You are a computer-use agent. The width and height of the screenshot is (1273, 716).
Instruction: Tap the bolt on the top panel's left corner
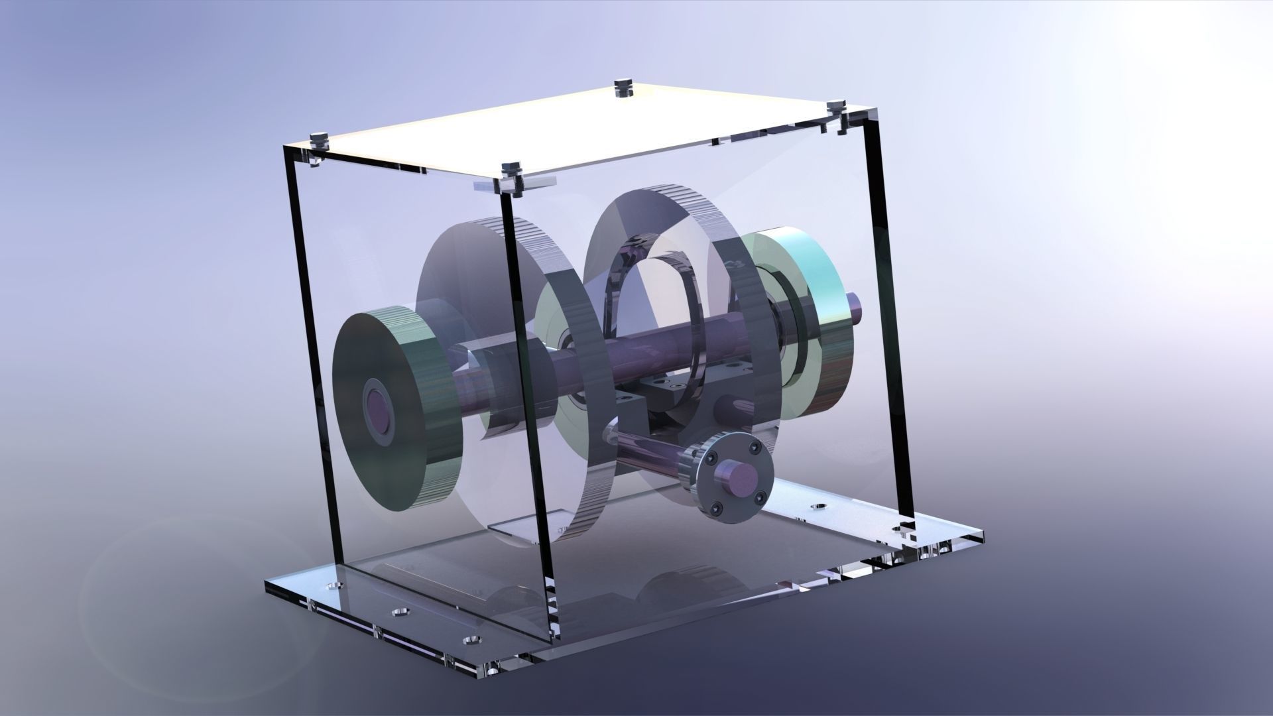click(x=320, y=139)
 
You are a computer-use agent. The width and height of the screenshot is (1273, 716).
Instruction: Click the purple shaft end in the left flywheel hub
click(x=380, y=409)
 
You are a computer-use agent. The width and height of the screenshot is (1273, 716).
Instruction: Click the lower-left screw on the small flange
click(x=718, y=508)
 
